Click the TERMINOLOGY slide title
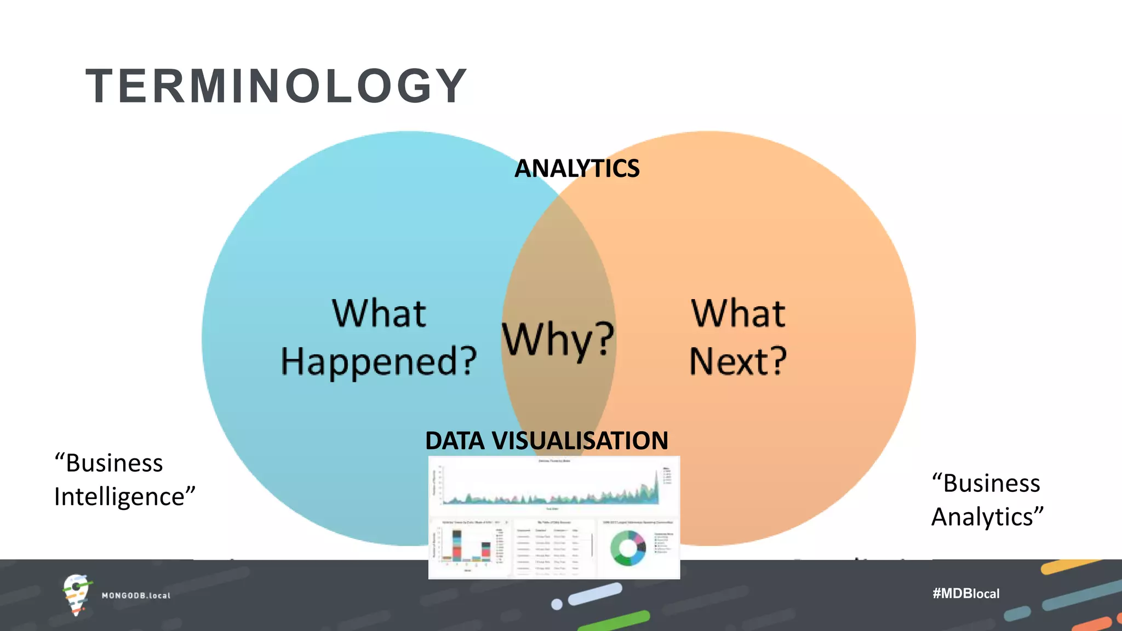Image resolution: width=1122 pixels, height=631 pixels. click(x=276, y=86)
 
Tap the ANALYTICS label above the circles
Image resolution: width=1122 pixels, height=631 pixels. click(x=577, y=168)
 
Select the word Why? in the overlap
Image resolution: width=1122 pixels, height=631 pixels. click(x=558, y=339)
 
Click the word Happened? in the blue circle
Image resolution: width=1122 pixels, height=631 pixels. click(x=379, y=362)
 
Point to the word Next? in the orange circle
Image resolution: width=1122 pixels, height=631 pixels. click(x=738, y=362)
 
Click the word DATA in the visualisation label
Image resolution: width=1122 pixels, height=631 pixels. click(x=455, y=441)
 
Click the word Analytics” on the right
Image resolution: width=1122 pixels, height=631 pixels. click(x=987, y=517)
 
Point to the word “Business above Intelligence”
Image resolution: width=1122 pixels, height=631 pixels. click(x=109, y=463)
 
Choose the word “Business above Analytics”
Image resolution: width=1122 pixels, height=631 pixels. click(x=986, y=484)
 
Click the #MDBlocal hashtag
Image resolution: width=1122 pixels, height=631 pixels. click(x=966, y=593)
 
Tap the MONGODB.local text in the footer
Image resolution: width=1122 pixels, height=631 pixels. click(x=136, y=595)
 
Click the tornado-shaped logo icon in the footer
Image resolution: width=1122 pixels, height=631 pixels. click(x=76, y=594)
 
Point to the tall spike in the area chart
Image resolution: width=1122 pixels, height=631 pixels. click(x=656, y=482)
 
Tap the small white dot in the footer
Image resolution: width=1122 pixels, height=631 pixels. click(x=557, y=604)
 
